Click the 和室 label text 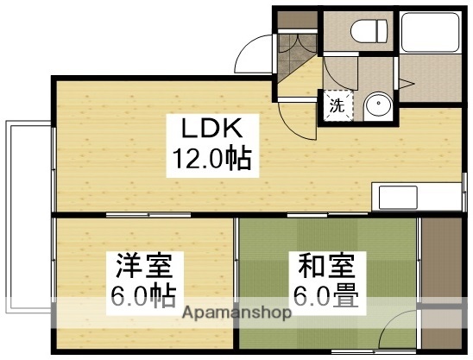point(321,262)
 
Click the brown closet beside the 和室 point(443,259)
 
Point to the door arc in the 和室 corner point(398,332)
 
